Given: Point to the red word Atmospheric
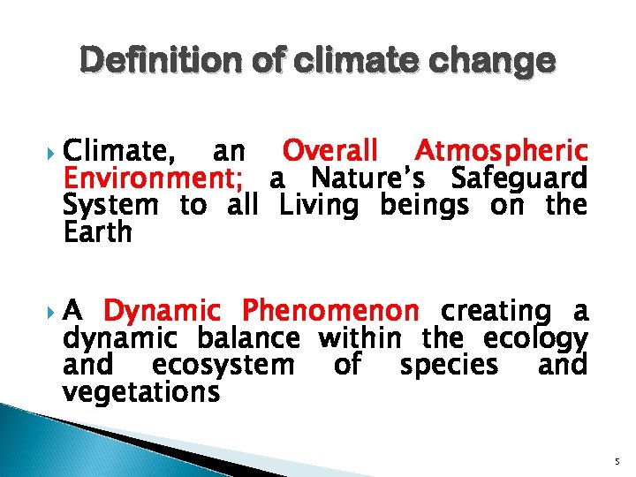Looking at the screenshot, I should point(501,150).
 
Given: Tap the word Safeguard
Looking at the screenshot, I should point(519,178).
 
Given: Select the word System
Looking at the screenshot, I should point(110,206).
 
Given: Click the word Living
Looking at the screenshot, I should point(319,207).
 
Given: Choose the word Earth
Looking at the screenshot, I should point(97,232).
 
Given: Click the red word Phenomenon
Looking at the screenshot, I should point(331,311).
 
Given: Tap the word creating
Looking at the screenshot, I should point(495,312).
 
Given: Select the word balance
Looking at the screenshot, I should point(248,338).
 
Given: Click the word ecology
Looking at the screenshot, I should point(536,339).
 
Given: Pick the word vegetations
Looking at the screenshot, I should point(141,391).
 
